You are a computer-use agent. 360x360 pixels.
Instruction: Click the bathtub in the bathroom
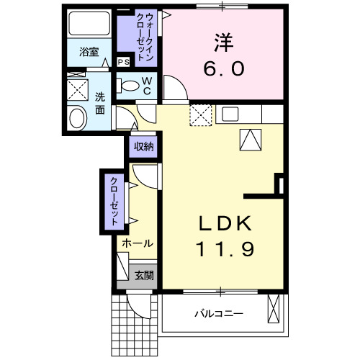tap(89, 26)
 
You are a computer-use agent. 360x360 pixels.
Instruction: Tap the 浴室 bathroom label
tap(89, 53)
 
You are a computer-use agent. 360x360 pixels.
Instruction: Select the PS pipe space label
tap(123, 62)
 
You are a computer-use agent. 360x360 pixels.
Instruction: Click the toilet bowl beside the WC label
tap(131, 86)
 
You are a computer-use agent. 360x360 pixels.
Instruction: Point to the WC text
tap(147, 86)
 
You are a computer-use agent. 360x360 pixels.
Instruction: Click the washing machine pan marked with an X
tap(76, 89)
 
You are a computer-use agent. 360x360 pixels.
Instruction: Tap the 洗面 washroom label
tap(100, 102)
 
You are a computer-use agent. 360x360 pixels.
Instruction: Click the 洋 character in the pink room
tap(222, 42)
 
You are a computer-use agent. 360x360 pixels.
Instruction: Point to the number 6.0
tap(222, 69)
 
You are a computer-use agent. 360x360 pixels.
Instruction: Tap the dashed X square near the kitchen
tap(199, 114)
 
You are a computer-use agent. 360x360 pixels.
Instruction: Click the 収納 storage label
tap(143, 146)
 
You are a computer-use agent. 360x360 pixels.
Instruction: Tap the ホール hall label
tap(136, 243)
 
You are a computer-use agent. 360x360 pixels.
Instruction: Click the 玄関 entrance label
tap(143, 274)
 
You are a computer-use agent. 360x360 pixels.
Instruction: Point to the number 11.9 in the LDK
tap(223, 251)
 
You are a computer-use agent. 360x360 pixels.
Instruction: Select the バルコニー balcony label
tap(218, 314)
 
